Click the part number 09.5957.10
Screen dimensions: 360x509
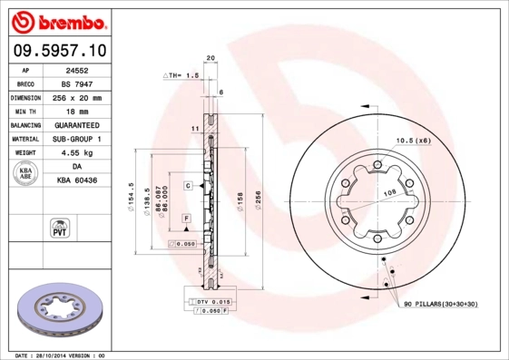(x=58, y=51)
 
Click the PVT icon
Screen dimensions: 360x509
(x=59, y=227)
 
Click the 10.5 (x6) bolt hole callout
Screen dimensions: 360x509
(x=412, y=140)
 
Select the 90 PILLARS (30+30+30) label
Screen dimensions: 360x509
(x=440, y=306)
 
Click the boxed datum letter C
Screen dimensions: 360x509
(x=188, y=185)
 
